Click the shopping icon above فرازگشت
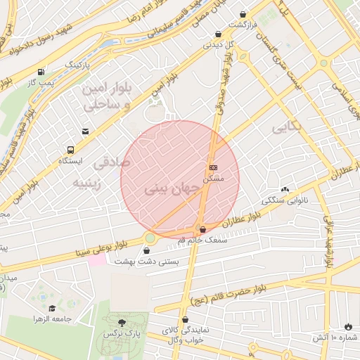click(243, 14)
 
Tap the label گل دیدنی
click(217, 44)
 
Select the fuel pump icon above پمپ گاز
click(41, 72)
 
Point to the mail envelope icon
click(85, 131)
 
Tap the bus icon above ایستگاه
click(70, 150)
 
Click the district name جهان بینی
click(166, 190)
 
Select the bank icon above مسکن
click(213, 167)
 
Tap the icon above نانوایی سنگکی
click(285, 190)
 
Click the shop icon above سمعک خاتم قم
click(203, 229)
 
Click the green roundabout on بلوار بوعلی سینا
click(150, 238)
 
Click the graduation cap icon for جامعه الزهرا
click(52, 308)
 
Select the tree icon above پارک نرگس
click(122, 322)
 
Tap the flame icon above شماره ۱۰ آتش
click(348, 327)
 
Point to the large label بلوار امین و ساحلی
click(107, 98)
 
